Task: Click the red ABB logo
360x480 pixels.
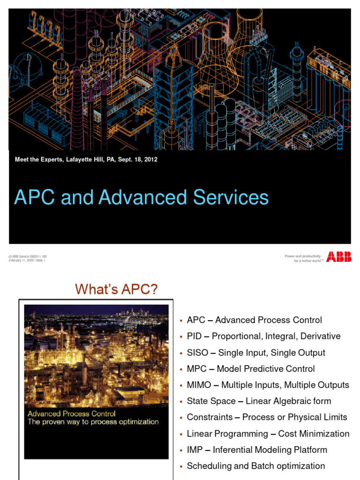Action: point(339,256)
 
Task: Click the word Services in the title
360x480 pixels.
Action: point(233,197)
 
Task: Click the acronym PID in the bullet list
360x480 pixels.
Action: point(194,336)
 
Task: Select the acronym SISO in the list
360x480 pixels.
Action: point(197,352)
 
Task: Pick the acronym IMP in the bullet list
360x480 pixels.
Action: point(195,450)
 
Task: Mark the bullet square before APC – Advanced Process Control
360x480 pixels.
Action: point(180,321)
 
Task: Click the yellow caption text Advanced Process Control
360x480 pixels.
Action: point(71,414)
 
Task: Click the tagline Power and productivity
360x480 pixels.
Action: point(303,256)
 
